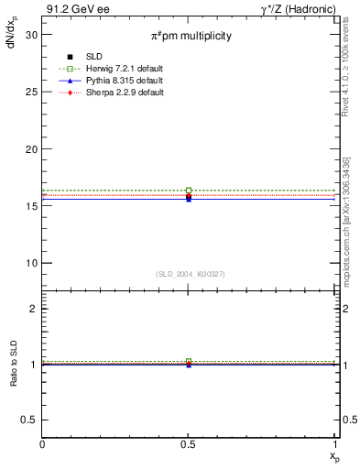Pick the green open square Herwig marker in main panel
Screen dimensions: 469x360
pyautogui.click(x=189, y=191)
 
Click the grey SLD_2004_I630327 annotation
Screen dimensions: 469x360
pyautogui.click(x=189, y=273)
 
